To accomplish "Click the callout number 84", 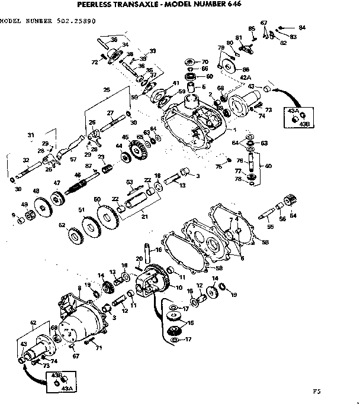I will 302,27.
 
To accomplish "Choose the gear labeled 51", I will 91,224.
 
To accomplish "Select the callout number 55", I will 271,227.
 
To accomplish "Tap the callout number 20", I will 137,258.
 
